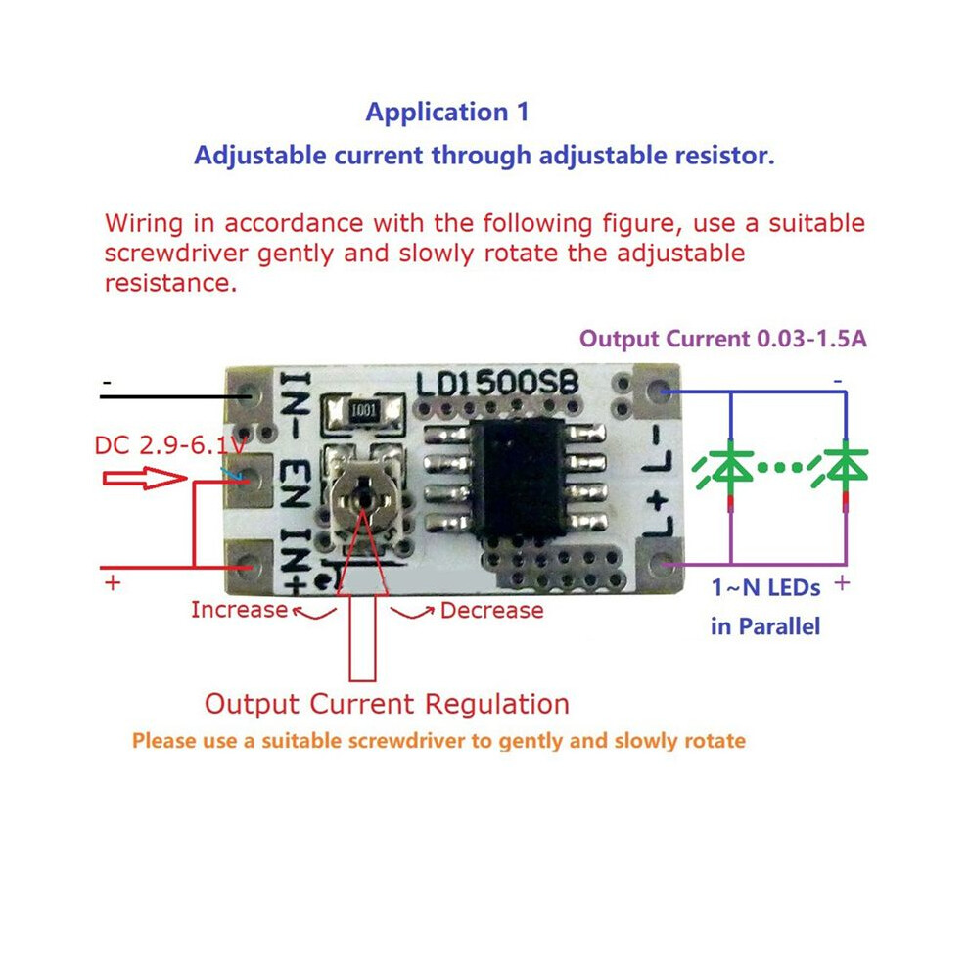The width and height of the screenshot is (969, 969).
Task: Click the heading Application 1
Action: point(447,113)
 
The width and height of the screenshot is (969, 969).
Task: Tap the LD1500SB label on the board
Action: point(497,384)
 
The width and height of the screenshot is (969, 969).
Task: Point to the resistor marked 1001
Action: point(362,411)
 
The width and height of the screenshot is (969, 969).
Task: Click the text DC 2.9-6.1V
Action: point(170,445)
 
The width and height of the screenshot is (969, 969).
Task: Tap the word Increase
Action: point(239,610)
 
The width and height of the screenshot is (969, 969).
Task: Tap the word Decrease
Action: point(492,611)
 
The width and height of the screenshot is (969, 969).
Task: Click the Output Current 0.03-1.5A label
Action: point(723,339)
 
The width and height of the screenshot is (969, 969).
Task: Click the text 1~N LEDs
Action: point(765,587)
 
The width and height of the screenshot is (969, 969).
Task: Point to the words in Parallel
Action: point(765,626)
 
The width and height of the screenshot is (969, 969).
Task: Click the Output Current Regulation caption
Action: point(387,704)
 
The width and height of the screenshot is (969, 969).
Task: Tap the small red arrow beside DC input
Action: point(145,479)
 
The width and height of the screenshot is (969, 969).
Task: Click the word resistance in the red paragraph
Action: point(170,284)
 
